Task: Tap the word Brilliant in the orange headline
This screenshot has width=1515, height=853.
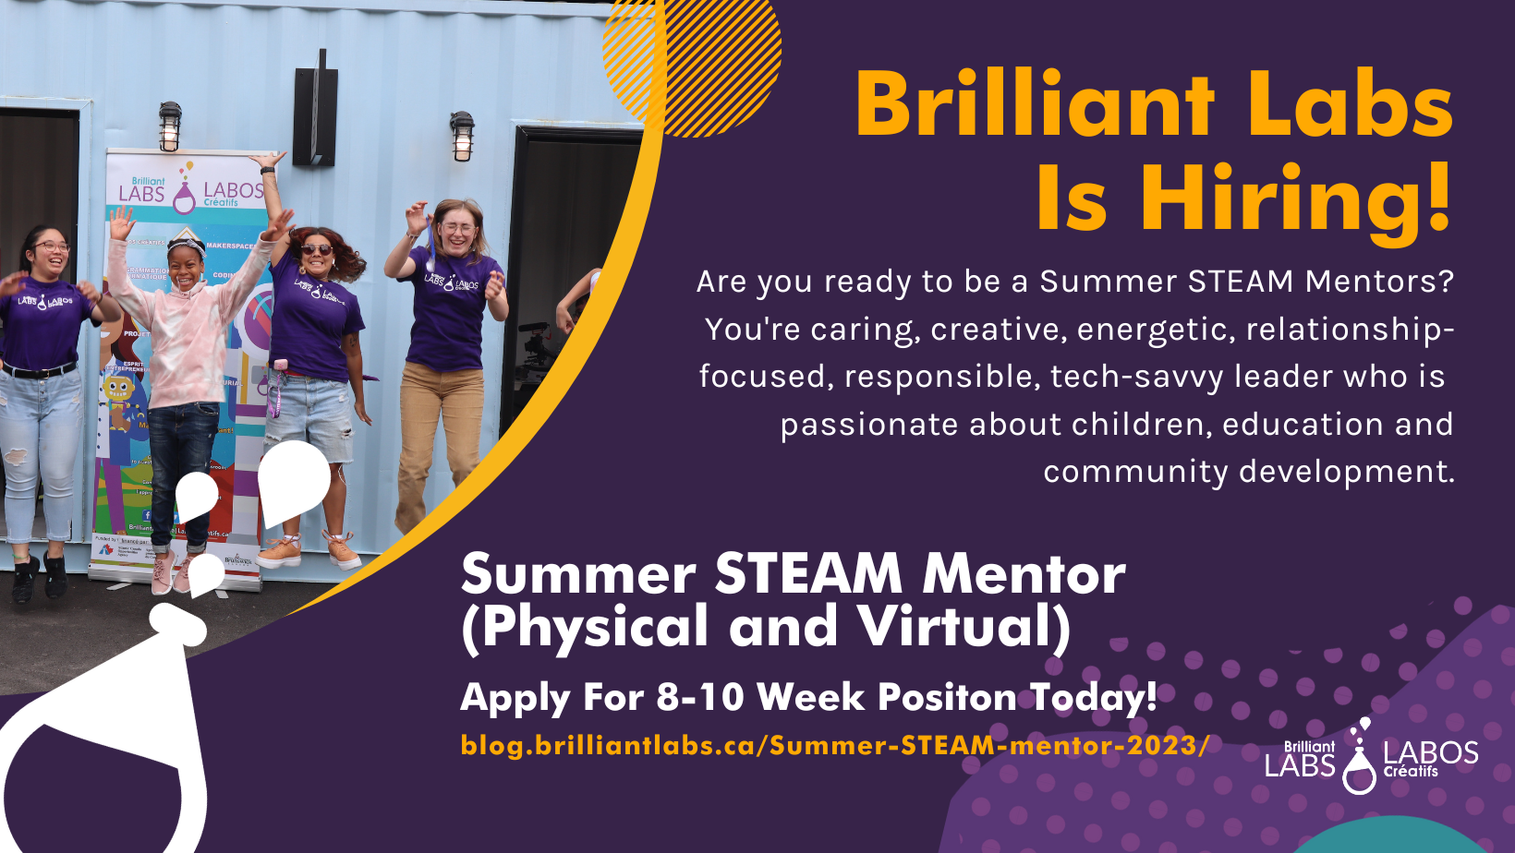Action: (x=1035, y=104)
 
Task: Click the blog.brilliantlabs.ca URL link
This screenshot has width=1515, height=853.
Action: (x=834, y=745)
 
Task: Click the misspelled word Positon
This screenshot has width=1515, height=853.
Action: (x=947, y=697)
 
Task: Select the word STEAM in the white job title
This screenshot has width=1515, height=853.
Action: (x=808, y=574)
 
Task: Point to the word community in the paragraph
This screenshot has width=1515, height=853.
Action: (x=1135, y=472)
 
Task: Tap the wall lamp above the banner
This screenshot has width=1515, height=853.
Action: (x=170, y=126)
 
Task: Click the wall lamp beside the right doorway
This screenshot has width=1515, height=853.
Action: (x=462, y=135)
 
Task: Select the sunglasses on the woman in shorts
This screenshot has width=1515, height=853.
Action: (x=317, y=249)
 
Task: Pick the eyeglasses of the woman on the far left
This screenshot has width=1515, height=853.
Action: (x=52, y=246)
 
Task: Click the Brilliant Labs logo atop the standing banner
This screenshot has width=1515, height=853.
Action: (x=190, y=190)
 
